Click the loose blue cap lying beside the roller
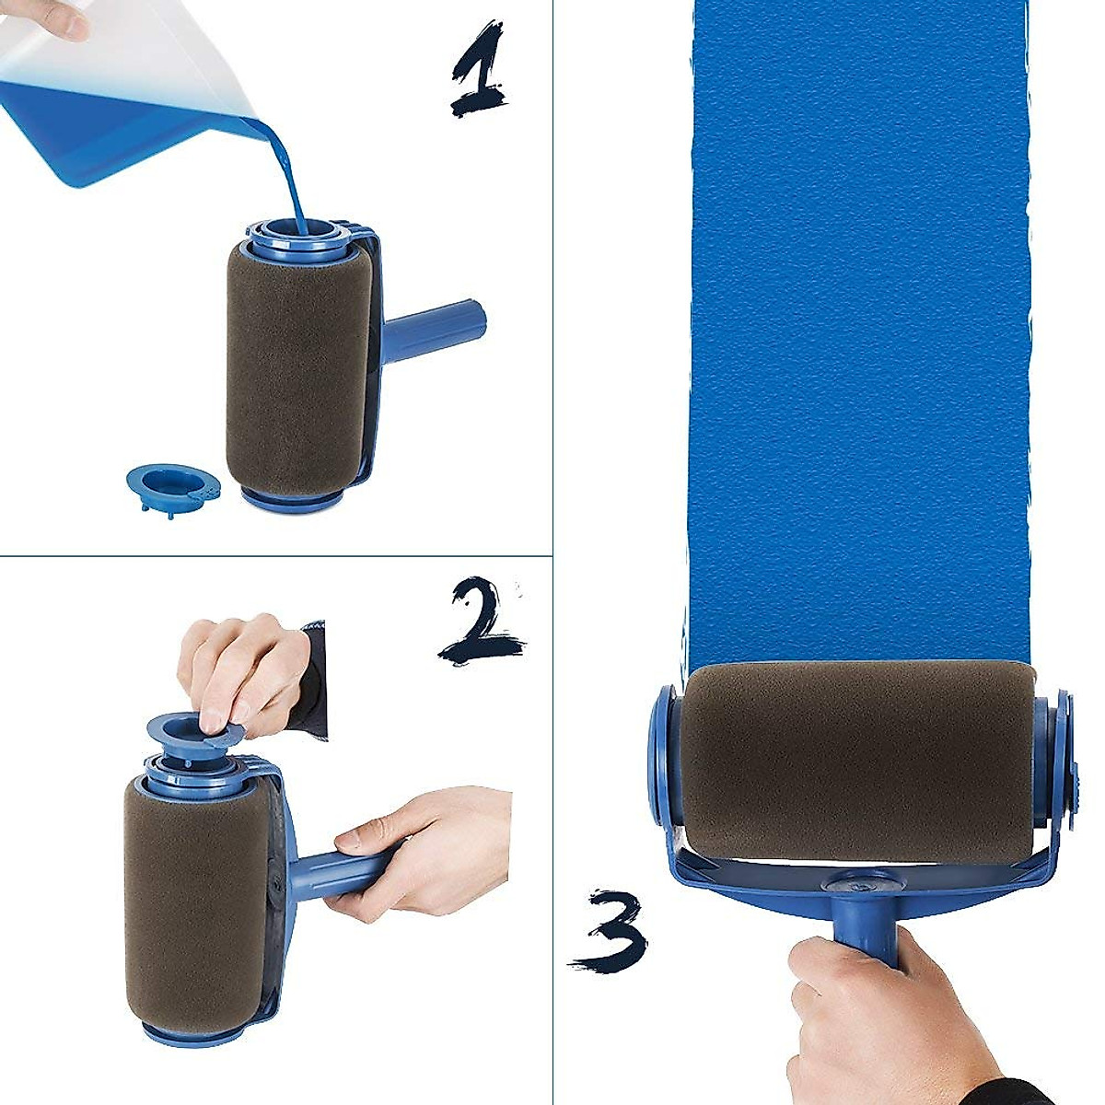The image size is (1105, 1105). click(x=172, y=483)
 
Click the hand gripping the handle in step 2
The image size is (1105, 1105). click(x=424, y=847)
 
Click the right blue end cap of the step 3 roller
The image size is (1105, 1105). click(x=1059, y=755)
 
